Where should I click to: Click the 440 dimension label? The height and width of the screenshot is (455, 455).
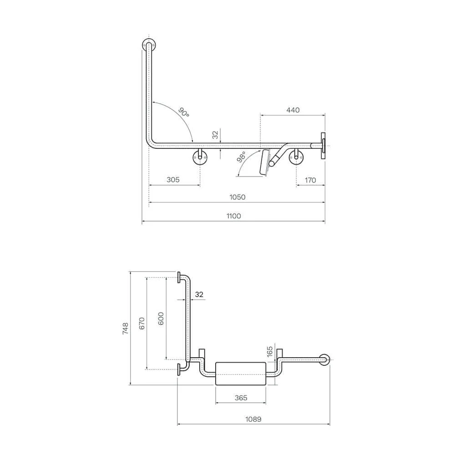tap(293, 110)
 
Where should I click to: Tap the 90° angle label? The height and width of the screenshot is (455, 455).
tap(183, 112)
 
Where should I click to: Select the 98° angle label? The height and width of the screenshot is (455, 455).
tap(241, 157)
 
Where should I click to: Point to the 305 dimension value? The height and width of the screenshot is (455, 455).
tap(173, 180)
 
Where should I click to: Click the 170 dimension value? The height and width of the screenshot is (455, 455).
tap(310, 180)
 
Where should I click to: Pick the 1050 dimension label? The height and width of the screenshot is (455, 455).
tap(238, 197)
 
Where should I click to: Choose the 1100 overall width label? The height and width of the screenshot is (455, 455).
tap(233, 216)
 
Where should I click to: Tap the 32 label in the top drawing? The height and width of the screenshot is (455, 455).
tap(215, 135)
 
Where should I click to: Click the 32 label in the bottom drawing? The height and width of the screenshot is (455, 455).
tap(199, 294)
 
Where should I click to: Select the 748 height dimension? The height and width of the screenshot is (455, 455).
tap(126, 329)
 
